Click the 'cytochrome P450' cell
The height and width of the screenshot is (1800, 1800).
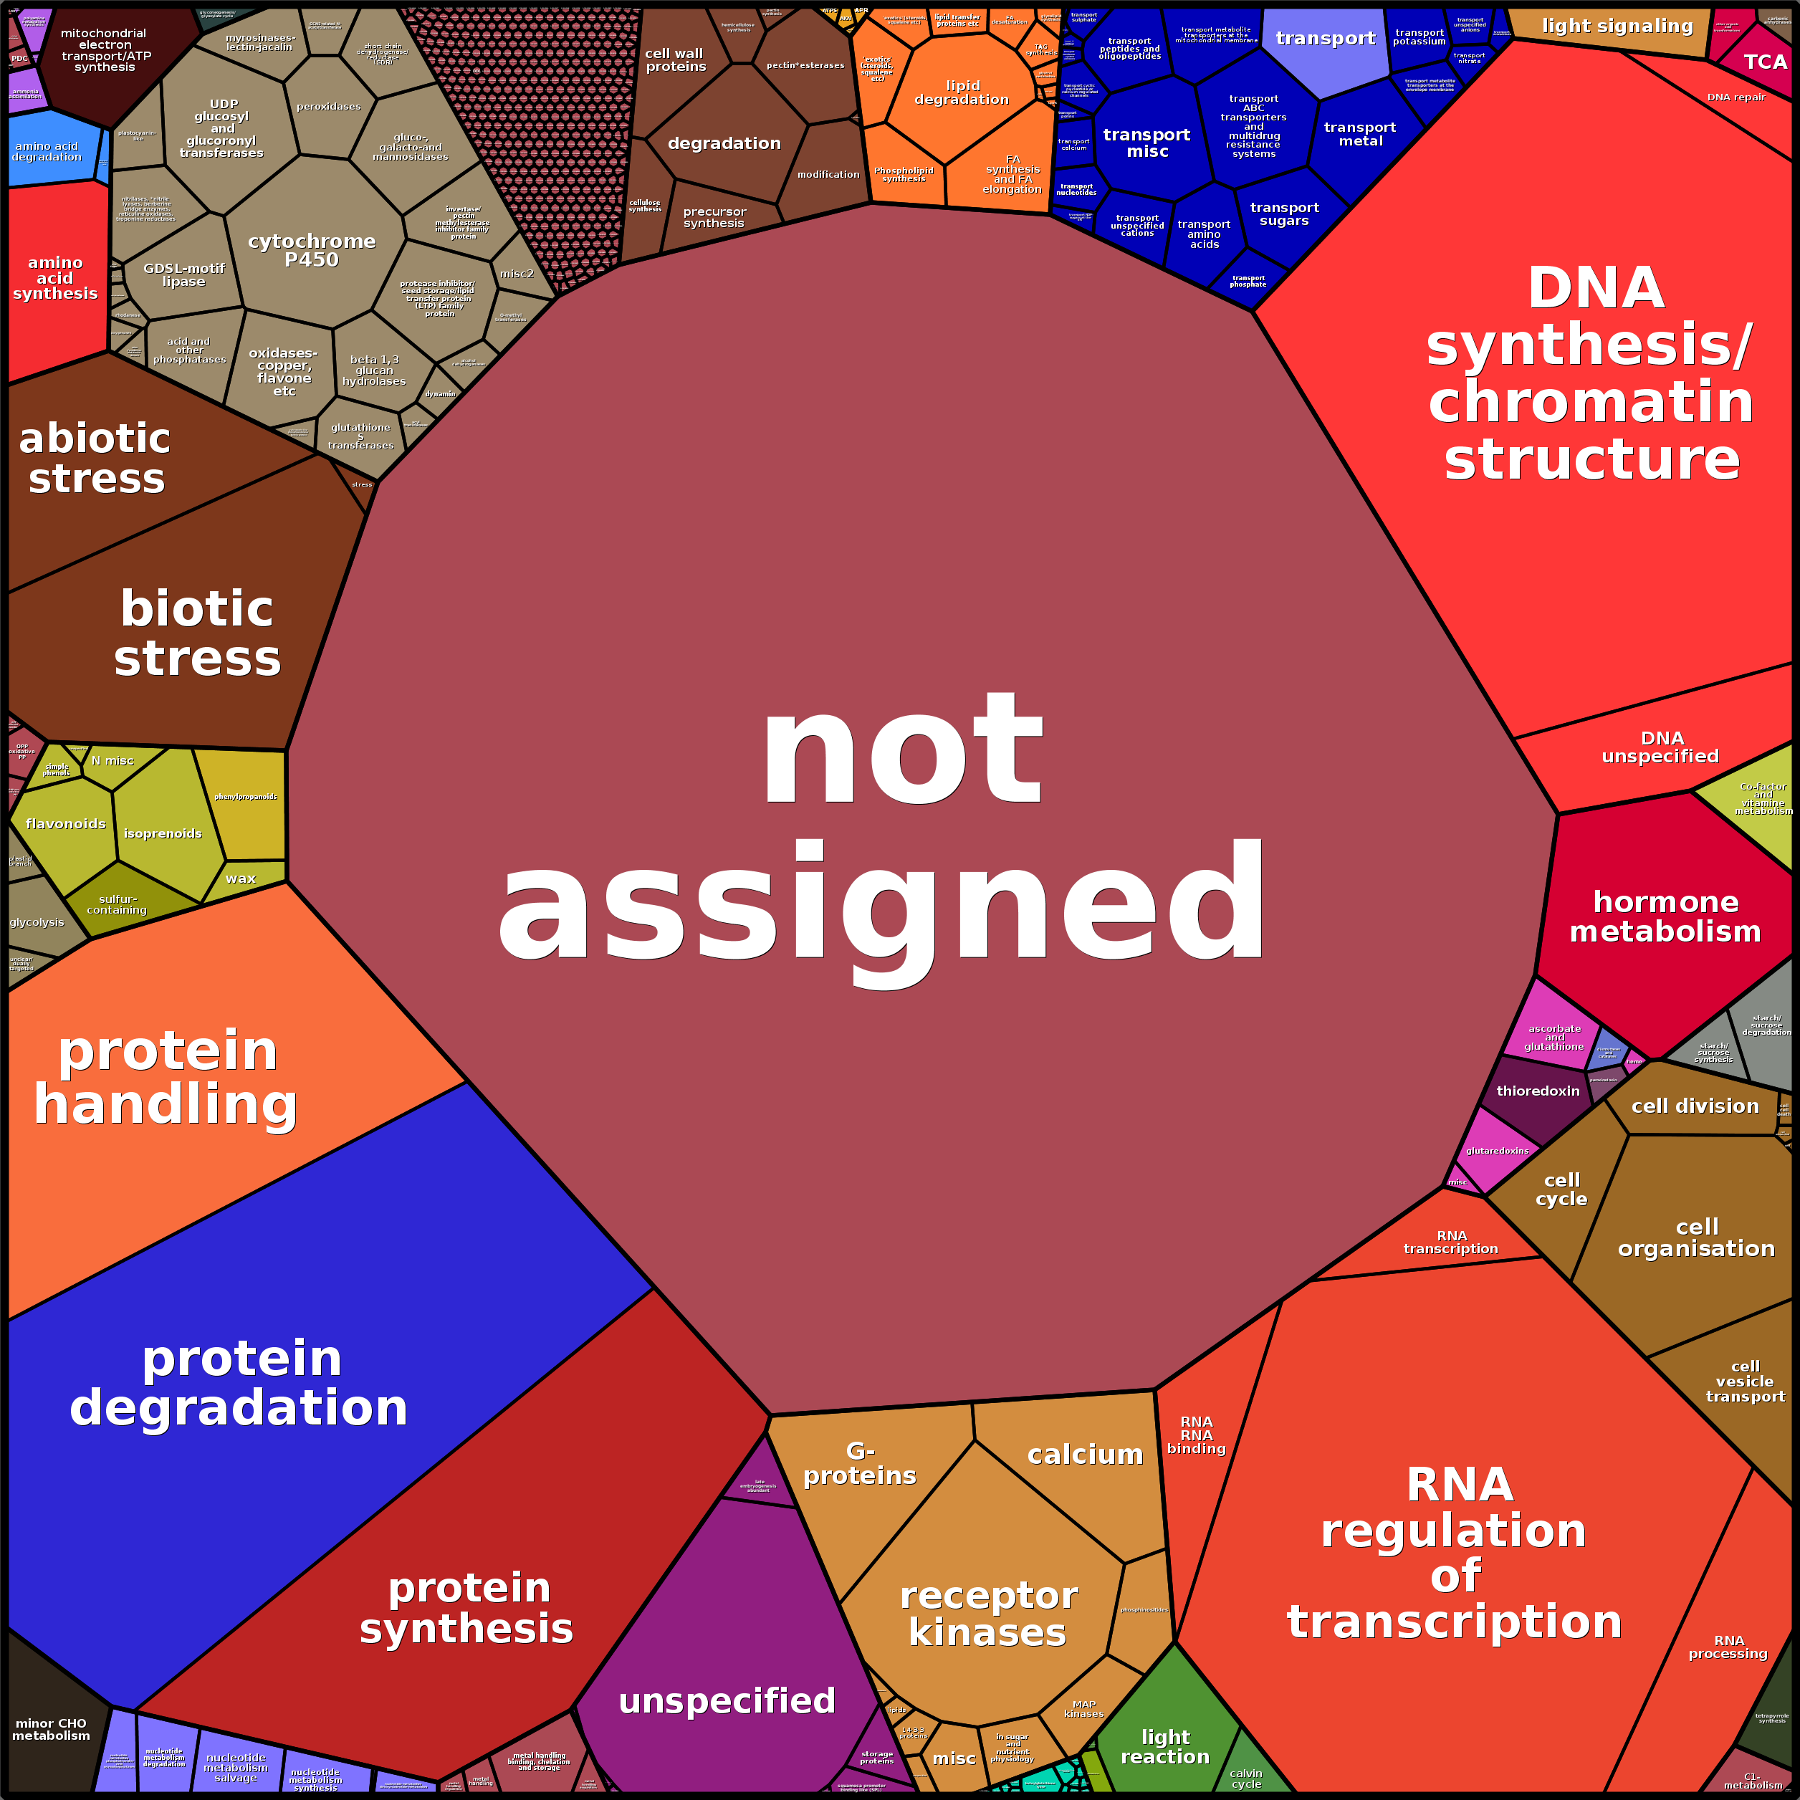312,249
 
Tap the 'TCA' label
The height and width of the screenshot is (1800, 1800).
1765,62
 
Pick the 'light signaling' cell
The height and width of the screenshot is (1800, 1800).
1617,26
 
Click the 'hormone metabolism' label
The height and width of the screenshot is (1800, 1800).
1665,916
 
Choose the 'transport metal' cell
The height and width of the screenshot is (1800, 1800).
1359,134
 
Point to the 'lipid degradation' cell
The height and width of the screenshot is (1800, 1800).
962,92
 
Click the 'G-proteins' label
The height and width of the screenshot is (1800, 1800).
859,1462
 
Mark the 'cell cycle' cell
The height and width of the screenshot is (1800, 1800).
1561,1189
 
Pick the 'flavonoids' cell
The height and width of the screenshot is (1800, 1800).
65,823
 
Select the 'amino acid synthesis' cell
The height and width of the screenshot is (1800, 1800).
55,277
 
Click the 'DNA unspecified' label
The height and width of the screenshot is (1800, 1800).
1660,747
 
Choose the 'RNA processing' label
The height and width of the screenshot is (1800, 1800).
1728,1646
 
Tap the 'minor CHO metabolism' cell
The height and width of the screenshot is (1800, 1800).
52,1729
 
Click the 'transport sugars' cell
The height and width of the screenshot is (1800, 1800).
1284,214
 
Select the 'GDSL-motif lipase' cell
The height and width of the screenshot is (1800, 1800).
183,275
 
